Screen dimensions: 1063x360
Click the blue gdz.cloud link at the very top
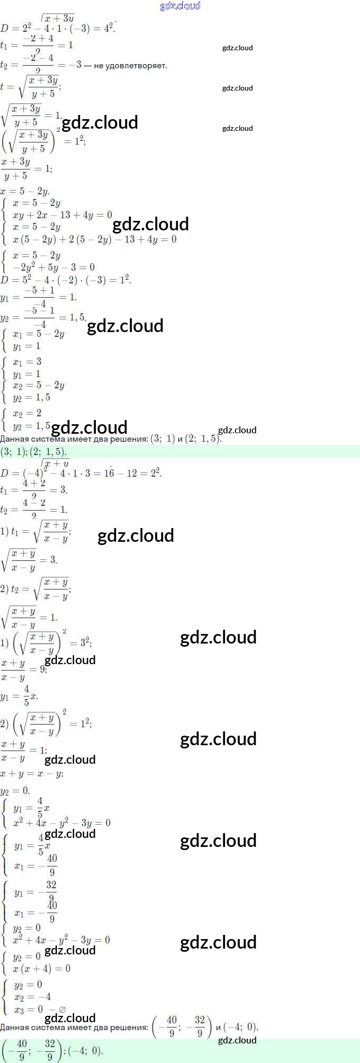(180, 6)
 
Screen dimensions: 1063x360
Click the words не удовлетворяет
(130, 66)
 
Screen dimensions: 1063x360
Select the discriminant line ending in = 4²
(58, 28)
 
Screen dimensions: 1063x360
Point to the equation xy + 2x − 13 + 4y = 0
(62, 215)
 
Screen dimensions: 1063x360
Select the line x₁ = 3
(27, 362)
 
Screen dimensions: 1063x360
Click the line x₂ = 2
(27, 413)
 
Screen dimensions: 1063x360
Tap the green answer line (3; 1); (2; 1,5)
(34, 452)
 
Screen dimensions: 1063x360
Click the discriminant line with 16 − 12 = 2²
(81, 472)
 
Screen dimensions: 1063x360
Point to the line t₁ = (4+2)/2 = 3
(34, 490)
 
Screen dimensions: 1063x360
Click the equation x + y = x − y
(32, 774)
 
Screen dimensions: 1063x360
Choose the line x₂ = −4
(32, 997)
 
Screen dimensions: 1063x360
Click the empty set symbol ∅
(62, 1010)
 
